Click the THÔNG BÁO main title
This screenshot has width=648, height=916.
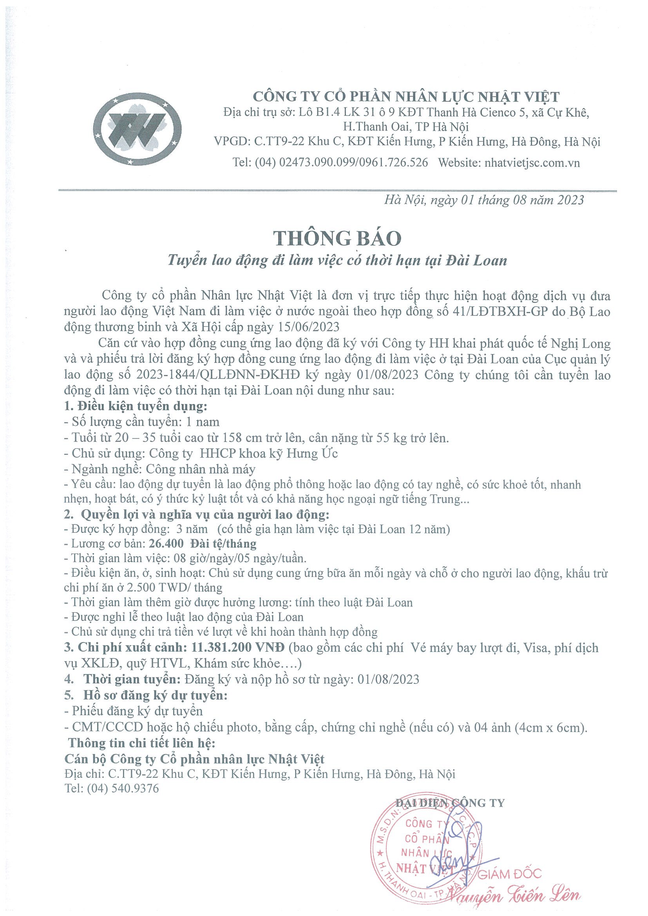click(x=337, y=238)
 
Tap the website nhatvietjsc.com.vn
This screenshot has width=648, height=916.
click(x=532, y=162)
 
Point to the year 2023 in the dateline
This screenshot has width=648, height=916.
click(x=570, y=200)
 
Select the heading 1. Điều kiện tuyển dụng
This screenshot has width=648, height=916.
click(x=136, y=407)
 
